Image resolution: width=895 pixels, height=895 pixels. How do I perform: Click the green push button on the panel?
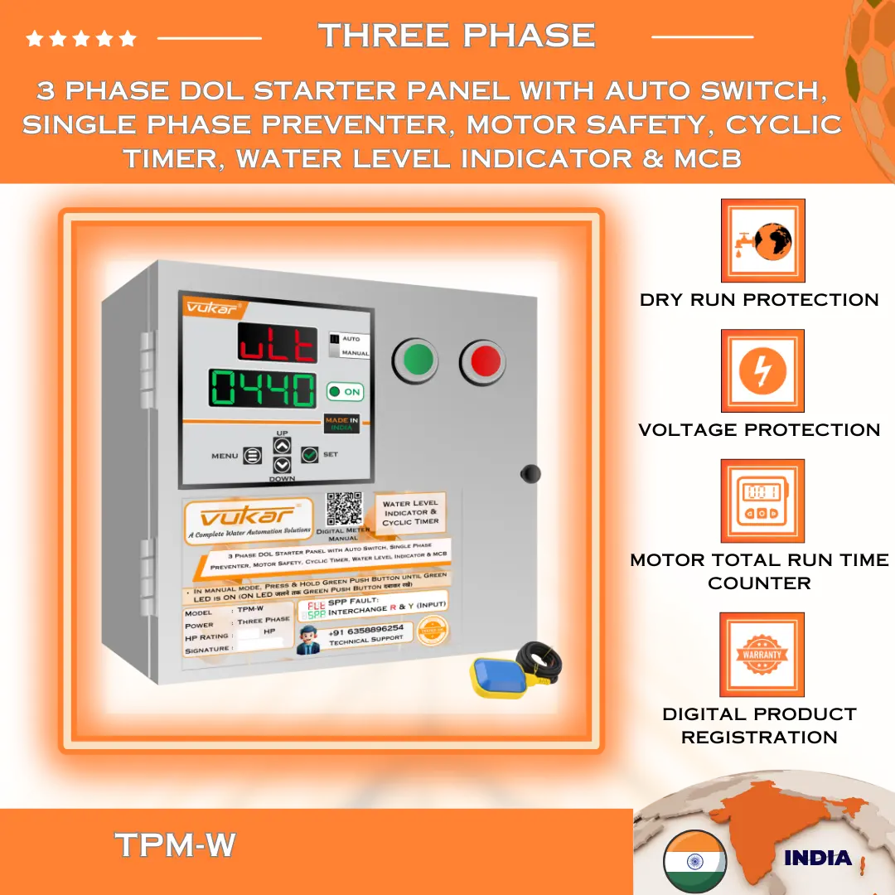(x=419, y=360)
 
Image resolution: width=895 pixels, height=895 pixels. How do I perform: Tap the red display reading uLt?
(x=277, y=343)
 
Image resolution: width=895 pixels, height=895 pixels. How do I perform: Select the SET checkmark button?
(x=310, y=454)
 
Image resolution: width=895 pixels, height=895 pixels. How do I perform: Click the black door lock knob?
(x=530, y=474)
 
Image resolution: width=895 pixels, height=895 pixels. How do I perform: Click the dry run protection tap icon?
(x=762, y=240)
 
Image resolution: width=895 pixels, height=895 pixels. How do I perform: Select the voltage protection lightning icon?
(x=762, y=370)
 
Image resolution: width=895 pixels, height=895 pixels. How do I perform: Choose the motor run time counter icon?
(x=762, y=501)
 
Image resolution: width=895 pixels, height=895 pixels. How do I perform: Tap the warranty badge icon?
(x=762, y=655)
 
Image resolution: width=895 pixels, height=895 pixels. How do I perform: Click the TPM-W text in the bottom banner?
(x=176, y=845)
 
